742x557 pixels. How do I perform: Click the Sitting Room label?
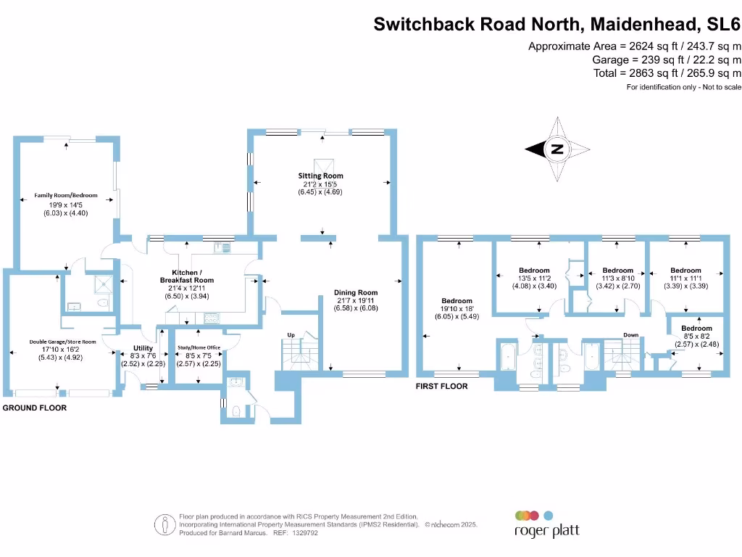click(320, 176)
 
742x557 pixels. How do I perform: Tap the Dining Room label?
click(356, 293)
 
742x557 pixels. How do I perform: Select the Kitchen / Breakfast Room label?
click(187, 276)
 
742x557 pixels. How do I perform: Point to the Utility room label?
click(143, 348)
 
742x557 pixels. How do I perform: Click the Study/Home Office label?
click(199, 347)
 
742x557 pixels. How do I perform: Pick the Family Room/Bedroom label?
click(66, 195)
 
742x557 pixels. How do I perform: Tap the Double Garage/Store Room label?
click(62, 342)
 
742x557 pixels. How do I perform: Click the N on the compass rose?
click(557, 149)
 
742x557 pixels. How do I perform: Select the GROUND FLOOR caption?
click(35, 408)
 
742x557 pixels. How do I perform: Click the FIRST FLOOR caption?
click(441, 386)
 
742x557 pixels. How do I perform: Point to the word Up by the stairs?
click(291, 335)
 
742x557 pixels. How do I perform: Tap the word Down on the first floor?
click(631, 335)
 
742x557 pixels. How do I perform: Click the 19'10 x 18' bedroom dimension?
click(457, 309)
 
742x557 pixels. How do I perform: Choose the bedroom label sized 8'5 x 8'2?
click(696, 329)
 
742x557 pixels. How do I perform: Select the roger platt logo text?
click(546, 530)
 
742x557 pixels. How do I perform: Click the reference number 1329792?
click(305, 533)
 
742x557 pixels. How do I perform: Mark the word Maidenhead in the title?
click(644, 24)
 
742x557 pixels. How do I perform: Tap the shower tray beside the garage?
click(104, 284)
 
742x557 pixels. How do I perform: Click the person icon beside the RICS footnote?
click(164, 525)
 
